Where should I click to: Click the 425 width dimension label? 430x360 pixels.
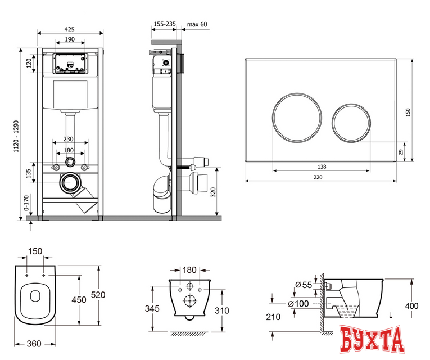tap(70, 29)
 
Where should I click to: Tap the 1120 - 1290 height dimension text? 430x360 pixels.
tap(17, 136)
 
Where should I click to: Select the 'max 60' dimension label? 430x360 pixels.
tap(197, 24)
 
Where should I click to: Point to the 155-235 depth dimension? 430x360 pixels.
tap(165, 24)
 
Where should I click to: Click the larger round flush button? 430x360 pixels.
tap(297, 118)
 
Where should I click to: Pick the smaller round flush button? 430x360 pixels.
tap(351, 123)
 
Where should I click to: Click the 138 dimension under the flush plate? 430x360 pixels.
tap(322, 166)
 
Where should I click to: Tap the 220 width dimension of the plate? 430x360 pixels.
tap(318, 177)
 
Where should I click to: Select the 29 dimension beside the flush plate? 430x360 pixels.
tap(401, 152)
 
